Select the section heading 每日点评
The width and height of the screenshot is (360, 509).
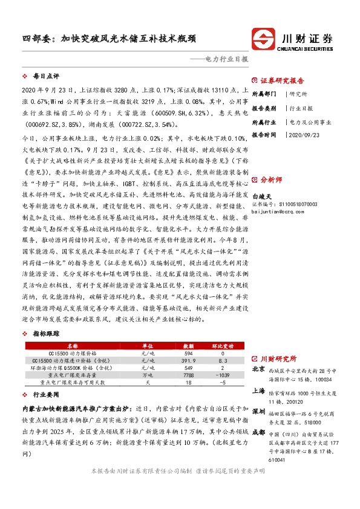click(x=45, y=77)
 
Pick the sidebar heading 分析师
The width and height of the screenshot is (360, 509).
click(x=271, y=180)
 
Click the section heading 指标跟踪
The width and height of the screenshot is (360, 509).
click(x=45, y=333)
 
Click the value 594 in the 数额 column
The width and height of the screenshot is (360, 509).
click(x=188, y=352)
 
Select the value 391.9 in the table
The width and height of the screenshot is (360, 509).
click(x=188, y=360)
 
